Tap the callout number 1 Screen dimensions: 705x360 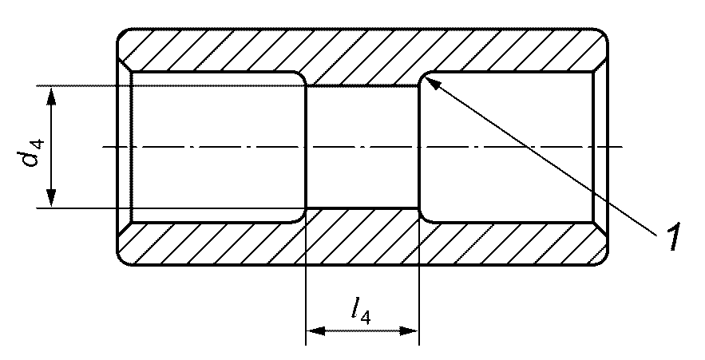pyautogui.click(x=673, y=238)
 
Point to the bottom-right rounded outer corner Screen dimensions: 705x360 pyautogui.click(x=604, y=259)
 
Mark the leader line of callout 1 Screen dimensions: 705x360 pyautogui.click(x=551, y=159)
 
